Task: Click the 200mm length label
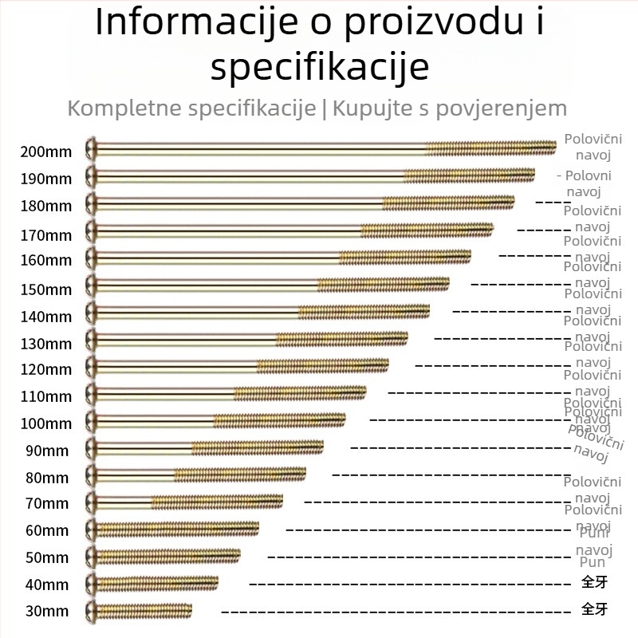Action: coord(46,152)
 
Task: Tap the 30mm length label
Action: coord(46,612)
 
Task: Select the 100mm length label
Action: coord(46,423)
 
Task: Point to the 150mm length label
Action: coord(46,289)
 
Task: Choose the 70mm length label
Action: coord(46,503)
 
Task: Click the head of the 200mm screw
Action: coord(92,148)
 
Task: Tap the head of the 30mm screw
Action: coord(92,610)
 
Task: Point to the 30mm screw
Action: coord(144,610)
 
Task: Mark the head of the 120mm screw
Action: coord(92,366)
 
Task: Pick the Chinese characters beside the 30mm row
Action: coord(594,610)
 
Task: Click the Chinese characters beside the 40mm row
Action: coord(594,581)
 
